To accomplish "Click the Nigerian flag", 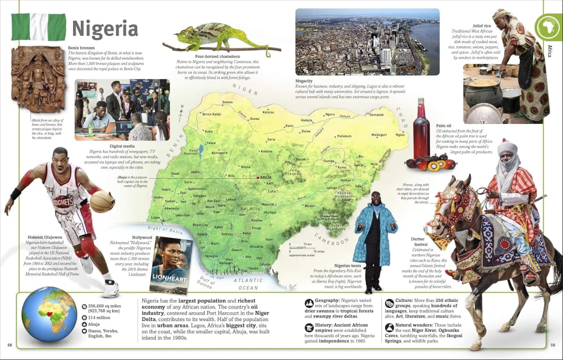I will click(38, 27).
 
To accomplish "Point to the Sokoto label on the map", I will click(228, 102).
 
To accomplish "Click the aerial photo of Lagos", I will click(367, 42).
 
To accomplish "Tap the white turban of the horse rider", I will click(507, 149).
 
